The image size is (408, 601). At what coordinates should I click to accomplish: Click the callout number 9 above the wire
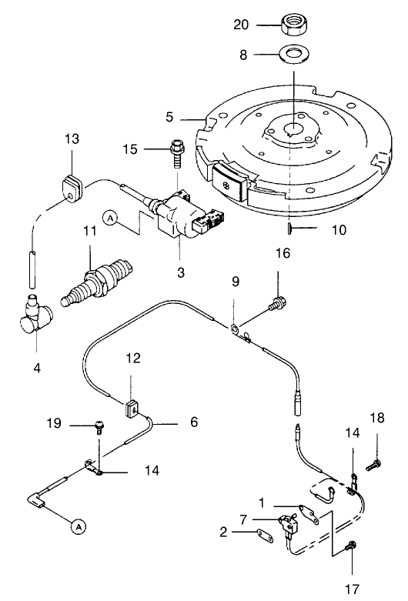point(236,282)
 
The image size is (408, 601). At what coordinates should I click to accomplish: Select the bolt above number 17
point(352,546)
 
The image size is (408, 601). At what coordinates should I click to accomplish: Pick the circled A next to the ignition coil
point(111,219)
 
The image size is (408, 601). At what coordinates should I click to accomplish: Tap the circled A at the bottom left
point(77,526)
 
